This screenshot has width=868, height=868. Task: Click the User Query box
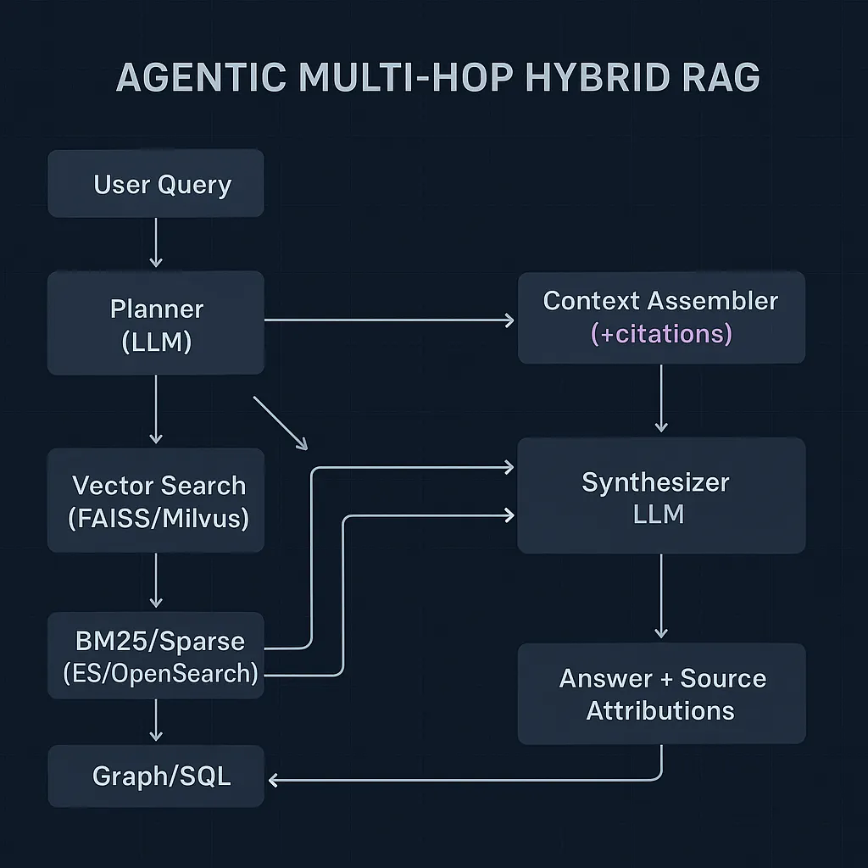coord(156,184)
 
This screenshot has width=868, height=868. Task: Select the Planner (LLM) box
coord(156,323)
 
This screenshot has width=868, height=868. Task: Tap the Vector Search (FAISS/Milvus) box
coord(156,500)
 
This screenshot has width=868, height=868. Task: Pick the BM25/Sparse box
coord(156,656)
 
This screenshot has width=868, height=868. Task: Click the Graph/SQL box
coord(156,776)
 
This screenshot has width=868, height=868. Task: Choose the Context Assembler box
coord(661,317)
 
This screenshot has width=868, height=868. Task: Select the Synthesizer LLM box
coord(661,496)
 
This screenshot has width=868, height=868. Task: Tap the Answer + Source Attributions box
coord(661,693)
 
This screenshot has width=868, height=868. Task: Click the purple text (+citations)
coord(661,334)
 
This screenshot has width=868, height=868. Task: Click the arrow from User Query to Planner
coord(156,243)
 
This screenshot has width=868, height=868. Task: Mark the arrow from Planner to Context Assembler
coord(390,320)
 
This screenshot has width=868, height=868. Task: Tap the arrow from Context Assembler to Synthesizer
coord(661,399)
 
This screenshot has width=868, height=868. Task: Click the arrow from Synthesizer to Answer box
coord(661,597)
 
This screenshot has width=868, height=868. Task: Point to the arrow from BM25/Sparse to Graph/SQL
coord(156,721)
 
